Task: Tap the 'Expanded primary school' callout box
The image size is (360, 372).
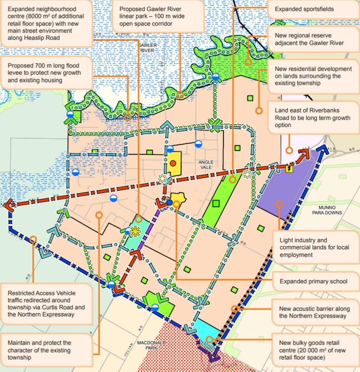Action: click(314, 282)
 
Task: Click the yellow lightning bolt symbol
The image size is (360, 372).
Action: click(288, 169)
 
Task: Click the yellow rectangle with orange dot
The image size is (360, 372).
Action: click(174, 163)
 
